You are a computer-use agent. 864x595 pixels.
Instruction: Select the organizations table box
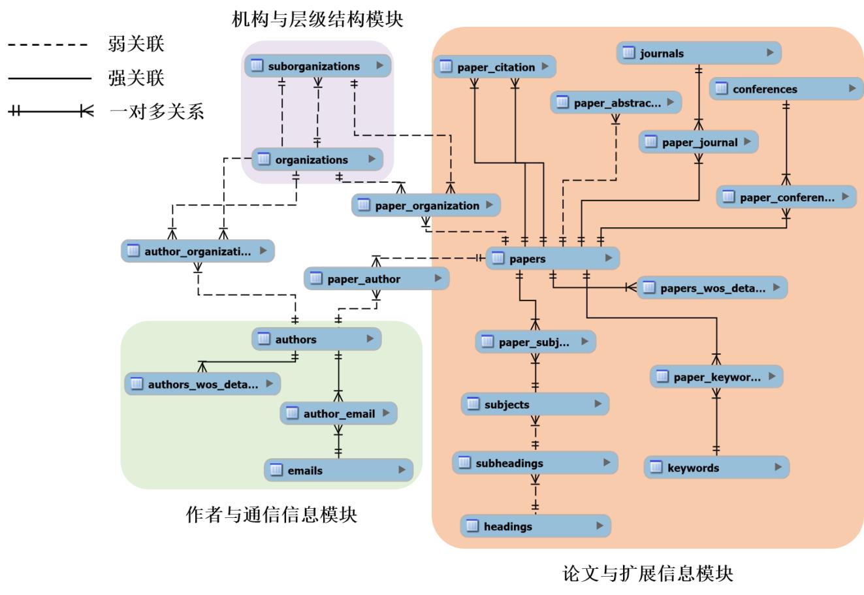point(317,159)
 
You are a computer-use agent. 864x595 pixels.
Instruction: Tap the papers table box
point(552,259)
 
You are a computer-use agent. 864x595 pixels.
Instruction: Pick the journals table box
point(699,54)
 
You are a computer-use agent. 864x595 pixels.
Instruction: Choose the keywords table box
point(717,468)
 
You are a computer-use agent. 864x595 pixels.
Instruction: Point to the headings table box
point(536,526)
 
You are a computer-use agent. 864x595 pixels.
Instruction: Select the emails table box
point(338,470)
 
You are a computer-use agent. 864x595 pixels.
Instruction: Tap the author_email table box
point(338,413)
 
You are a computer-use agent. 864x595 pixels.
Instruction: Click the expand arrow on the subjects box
point(598,404)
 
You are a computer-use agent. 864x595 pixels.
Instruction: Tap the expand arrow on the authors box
point(370,339)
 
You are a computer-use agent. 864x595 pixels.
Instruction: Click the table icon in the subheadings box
point(464,463)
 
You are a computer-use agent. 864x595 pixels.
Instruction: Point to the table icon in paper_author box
point(316,279)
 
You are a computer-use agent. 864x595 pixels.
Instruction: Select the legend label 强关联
point(136,78)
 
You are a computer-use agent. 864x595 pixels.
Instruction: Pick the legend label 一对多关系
point(156,112)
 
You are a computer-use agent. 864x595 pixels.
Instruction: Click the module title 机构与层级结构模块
point(317,20)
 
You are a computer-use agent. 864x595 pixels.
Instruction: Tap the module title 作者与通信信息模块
point(272,515)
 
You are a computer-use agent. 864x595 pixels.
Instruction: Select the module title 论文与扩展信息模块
point(648,574)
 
